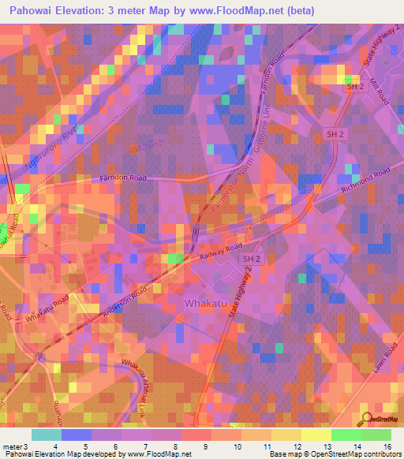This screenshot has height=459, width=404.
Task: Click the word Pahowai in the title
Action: pyautogui.click(x=29, y=11)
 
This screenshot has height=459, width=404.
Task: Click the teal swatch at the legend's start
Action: pyautogui.click(x=47, y=435)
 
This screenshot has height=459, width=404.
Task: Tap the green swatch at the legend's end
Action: pyautogui.click(x=376, y=435)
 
